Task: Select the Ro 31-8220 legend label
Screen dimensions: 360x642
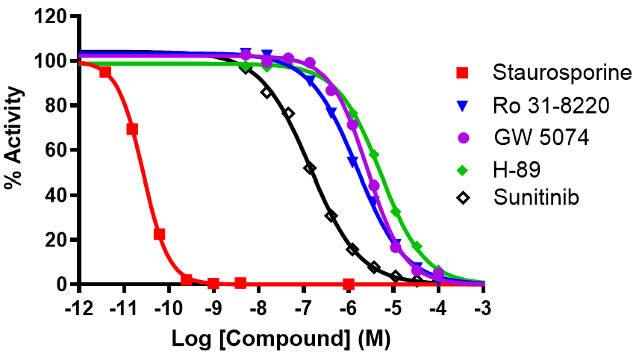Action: (x=551, y=106)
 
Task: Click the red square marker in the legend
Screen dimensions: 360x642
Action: (x=463, y=73)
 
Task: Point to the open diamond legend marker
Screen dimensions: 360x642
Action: (x=463, y=199)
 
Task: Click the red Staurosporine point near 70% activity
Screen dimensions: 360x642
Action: (x=132, y=129)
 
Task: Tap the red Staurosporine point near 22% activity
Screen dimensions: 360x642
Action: (x=159, y=234)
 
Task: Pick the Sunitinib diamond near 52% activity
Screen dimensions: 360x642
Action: (x=310, y=168)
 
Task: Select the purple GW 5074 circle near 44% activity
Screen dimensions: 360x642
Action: (x=375, y=185)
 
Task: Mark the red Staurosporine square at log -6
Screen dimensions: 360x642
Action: (x=349, y=284)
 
